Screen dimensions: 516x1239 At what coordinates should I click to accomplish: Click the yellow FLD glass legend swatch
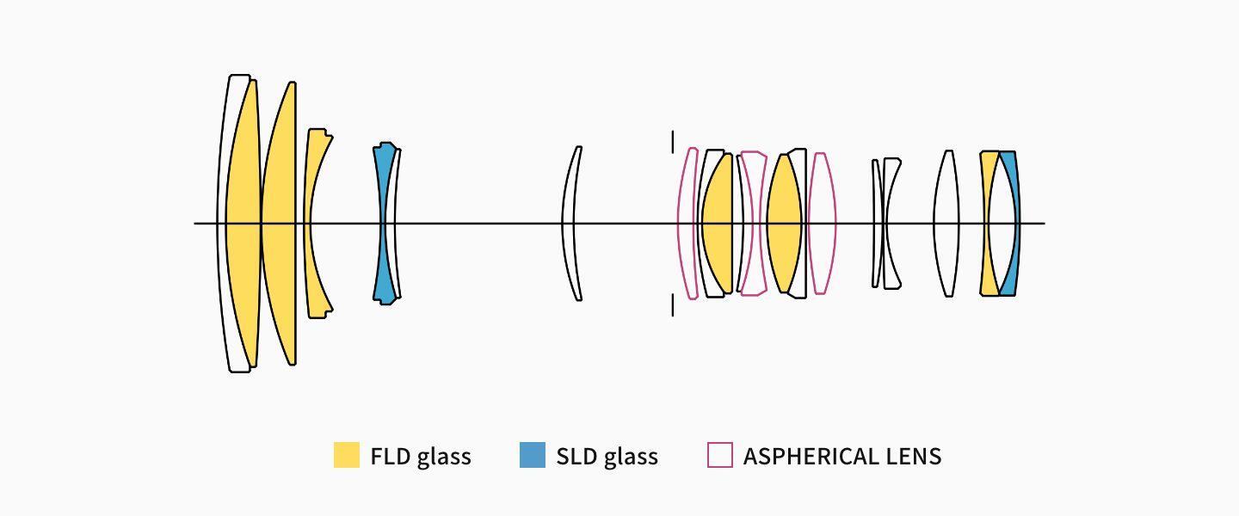(346, 455)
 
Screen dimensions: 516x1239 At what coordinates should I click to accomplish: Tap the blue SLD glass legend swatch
(533, 455)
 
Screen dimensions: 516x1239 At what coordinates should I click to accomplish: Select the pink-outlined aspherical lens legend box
(719, 455)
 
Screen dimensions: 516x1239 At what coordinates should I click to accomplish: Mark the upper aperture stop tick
(672, 140)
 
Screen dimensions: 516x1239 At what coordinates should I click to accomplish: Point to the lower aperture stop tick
(672, 305)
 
